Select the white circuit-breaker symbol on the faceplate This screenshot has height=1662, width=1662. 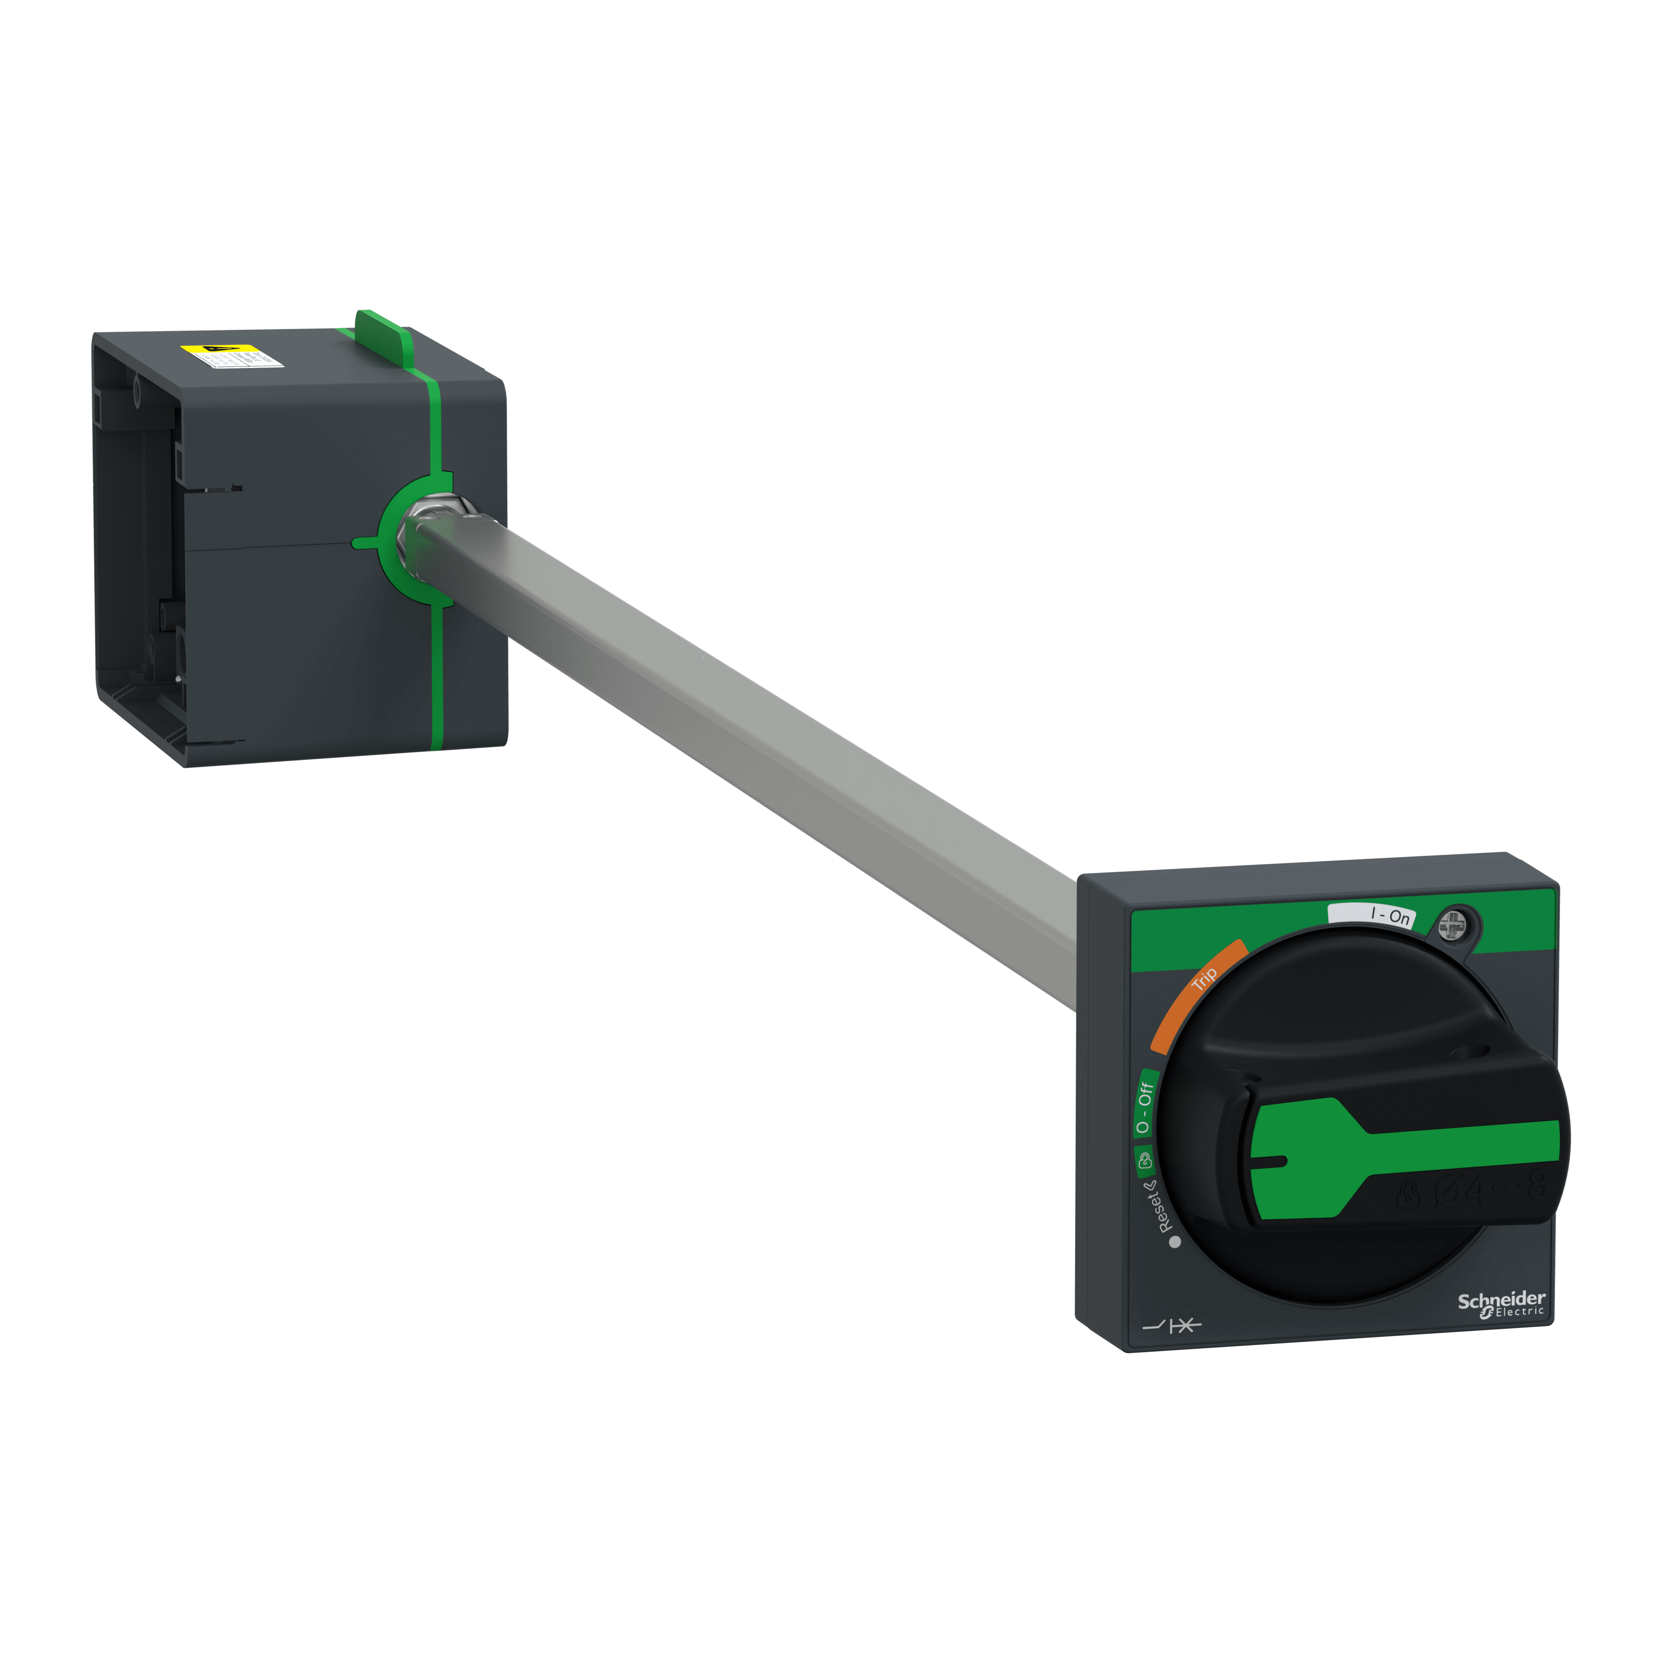1172,1327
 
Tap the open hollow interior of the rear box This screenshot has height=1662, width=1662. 142,551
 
